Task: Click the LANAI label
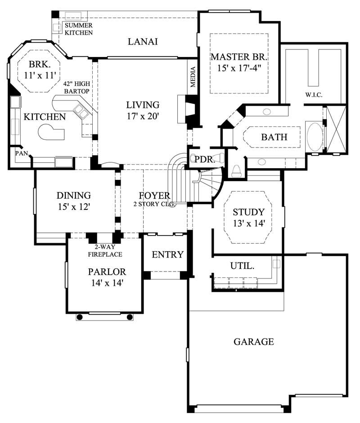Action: click(143, 42)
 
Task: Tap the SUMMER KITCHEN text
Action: click(78, 29)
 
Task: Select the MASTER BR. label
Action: click(239, 57)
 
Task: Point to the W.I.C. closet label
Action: click(314, 94)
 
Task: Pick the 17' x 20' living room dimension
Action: click(143, 116)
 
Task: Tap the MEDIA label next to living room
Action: click(193, 77)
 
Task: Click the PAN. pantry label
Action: click(21, 153)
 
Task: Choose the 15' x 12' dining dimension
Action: click(74, 207)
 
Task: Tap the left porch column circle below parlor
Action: click(80, 317)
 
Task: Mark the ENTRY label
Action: click(167, 255)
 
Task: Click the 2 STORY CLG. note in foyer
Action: click(154, 204)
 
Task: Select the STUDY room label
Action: click(248, 212)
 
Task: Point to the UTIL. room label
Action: click(242, 266)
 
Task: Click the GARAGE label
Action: click(253, 342)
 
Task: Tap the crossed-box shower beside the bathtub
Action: click(335, 129)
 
